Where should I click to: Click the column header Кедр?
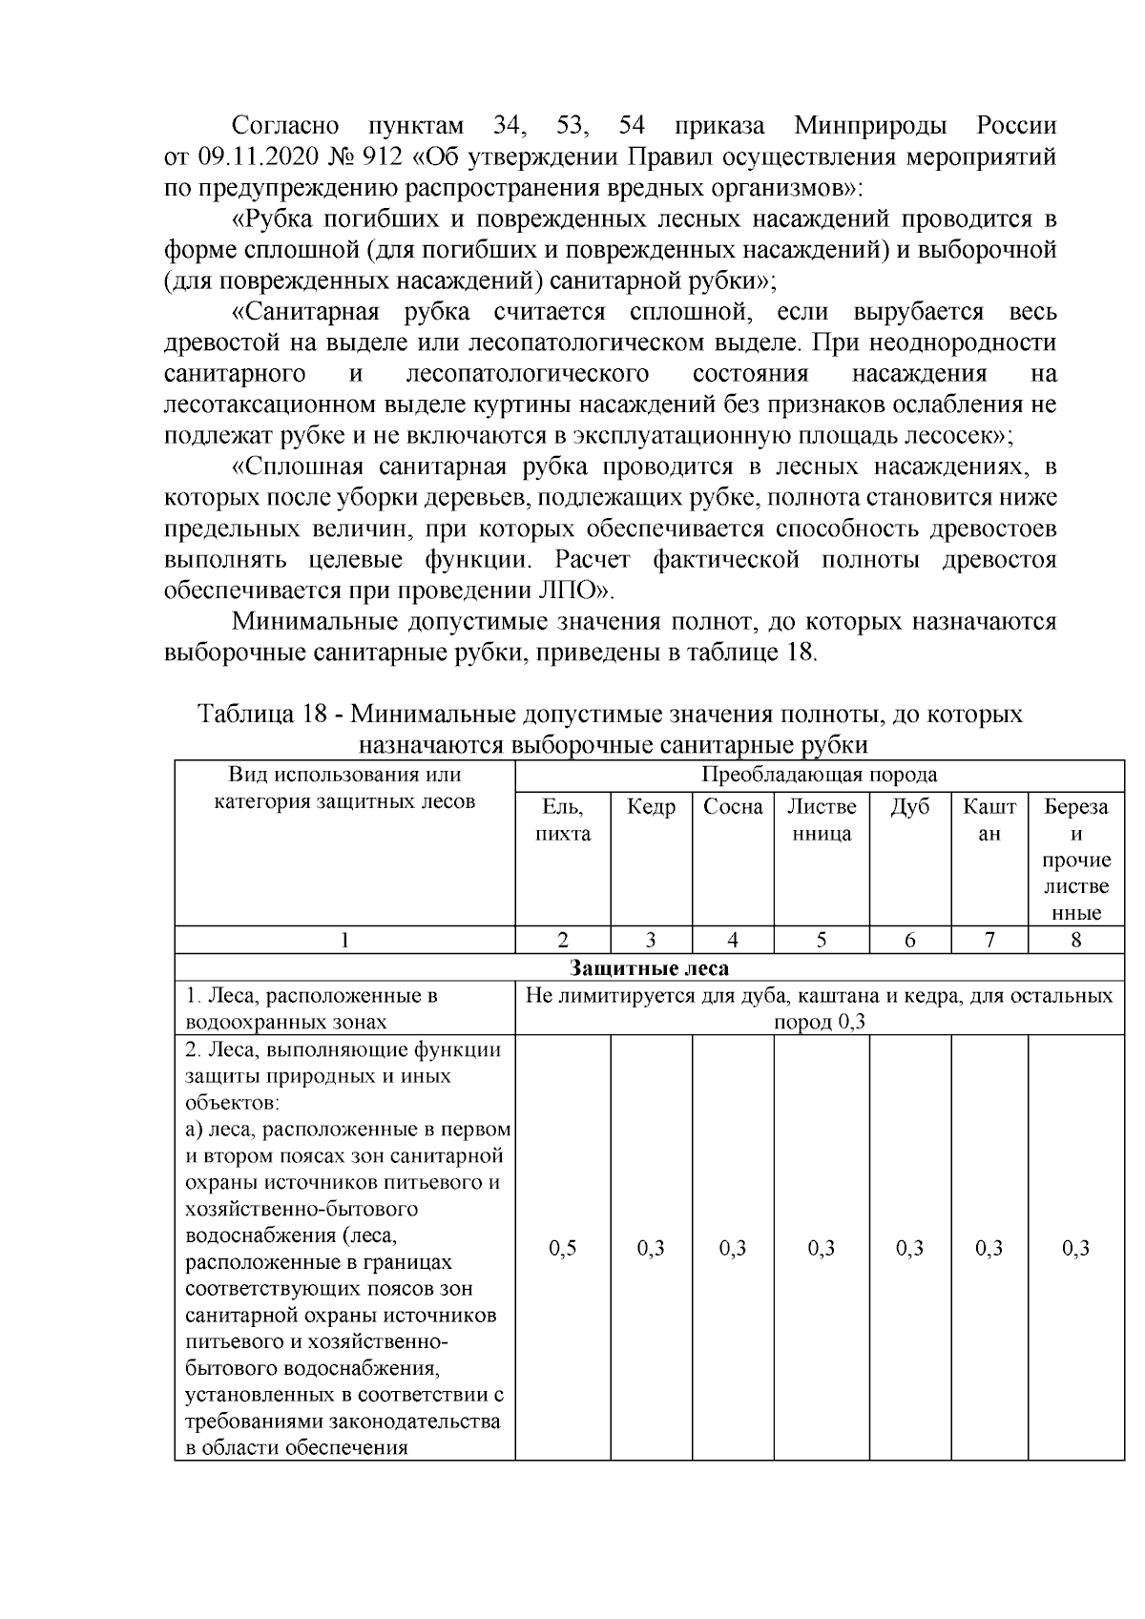click(x=651, y=807)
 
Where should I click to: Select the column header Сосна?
click(x=733, y=807)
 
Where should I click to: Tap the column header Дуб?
click(x=909, y=807)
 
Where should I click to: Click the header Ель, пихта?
click(x=563, y=820)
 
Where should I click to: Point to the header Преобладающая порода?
click(x=819, y=774)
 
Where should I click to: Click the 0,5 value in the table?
click(x=563, y=1248)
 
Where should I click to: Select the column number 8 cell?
click(x=1075, y=940)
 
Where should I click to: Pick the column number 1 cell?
click(x=344, y=940)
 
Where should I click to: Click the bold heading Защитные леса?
click(x=649, y=968)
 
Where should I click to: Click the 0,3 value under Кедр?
click(x=651, y=1248)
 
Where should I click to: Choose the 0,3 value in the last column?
click(x=1075, y=1248)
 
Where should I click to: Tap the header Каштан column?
click(x=989, y=820)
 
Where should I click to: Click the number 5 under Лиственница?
click(x=821, y=940)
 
